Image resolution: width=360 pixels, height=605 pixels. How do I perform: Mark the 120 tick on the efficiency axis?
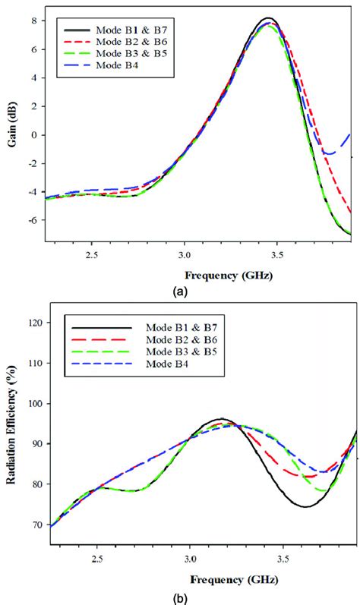(34, 323)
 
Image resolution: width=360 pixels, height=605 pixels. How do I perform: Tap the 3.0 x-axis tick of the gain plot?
(183, 256)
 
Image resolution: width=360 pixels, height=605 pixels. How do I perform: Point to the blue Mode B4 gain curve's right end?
(349, 134)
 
